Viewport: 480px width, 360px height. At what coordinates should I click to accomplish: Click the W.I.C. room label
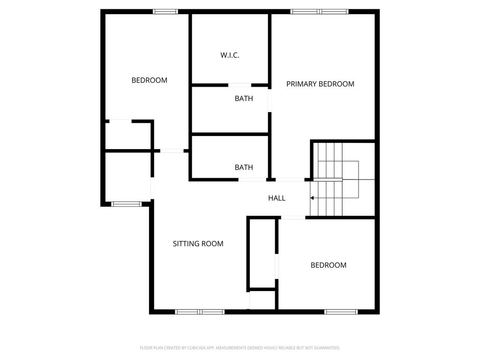click(x=230, y=55)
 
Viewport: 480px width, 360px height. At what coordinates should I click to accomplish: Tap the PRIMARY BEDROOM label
click(x=320, y=84)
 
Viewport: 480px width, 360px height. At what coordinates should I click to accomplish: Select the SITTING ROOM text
click(x=198, y=244)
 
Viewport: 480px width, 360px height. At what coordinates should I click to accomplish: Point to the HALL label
click(x=277, y=198)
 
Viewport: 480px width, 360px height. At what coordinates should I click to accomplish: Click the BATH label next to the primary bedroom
click(x=244, y=98)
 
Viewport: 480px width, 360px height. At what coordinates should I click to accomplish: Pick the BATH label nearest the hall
click(x=244, y=167)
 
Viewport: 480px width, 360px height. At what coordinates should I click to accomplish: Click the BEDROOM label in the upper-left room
click(x=150, y=80)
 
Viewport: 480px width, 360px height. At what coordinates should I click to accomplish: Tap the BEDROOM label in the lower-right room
click(x=329, y=265)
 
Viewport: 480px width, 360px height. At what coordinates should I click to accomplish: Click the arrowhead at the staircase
click(x=312, y=198)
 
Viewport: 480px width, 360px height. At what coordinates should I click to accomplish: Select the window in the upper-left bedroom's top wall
click(x=165, y=12)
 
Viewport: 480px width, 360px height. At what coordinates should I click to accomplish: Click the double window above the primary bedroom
click(x=319, y=12)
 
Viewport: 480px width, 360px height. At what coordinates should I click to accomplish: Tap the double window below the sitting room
click(x=200, y=312)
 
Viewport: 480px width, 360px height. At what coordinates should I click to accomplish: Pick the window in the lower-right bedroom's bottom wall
click(x=341, y=312)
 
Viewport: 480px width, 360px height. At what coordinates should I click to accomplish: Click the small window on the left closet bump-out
click(x=126, y=204)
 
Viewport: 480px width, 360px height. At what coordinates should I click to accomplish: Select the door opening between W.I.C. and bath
click(x=240, y=85)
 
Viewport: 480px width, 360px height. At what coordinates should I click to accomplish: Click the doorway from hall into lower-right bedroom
click(x=293, y=217)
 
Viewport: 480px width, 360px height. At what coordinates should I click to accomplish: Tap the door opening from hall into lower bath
click(x=252, y=180)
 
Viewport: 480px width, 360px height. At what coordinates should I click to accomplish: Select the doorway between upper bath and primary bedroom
click(x=270, y=100)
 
